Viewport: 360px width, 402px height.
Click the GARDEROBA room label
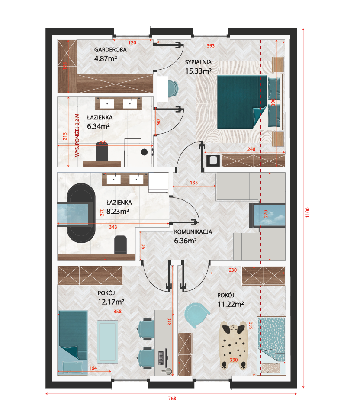pos(110,50)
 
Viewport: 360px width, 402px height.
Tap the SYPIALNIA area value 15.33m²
pos(198,71)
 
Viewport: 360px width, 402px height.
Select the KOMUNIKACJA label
pos(193,232)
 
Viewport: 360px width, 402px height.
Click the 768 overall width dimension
pos(172,398)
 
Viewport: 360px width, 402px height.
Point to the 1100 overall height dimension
pos(308,212)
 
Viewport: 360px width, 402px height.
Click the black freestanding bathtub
pos(81,213)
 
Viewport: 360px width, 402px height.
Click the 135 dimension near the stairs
pos(194,183)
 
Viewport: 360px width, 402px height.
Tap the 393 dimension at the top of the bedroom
pos(211,45)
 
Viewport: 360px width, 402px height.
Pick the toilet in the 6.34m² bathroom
pos(102,151)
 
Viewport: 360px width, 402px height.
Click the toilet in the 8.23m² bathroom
pos(120,244)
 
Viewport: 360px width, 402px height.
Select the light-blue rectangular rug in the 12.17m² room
pos(107,342)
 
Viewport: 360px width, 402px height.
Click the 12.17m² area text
pos(111,302)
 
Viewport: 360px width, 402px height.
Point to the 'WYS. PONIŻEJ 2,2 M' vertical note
pos(77,135)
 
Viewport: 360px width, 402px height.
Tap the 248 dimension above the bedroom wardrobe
pos(251,149)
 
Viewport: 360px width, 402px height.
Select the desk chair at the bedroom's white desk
pos(173,89)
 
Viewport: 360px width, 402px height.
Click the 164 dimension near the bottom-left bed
pos(93,368)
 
